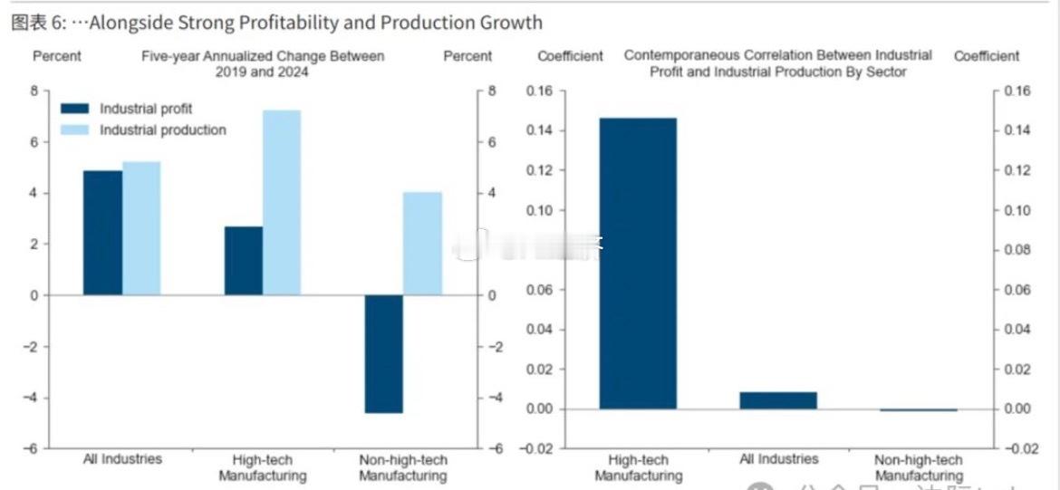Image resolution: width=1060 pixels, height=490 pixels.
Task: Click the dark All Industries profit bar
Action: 102,233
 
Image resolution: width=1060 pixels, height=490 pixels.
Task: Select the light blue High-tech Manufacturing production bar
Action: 281,203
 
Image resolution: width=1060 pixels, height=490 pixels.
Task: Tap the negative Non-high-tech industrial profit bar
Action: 383,354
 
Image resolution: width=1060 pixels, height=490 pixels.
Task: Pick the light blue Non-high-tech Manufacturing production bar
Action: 422,244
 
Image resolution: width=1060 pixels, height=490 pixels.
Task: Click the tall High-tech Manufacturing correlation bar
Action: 638,264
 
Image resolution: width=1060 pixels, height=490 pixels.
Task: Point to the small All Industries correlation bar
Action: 778,400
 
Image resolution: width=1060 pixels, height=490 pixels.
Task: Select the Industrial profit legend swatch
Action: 75,109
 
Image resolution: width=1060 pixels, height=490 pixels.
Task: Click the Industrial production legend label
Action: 163,130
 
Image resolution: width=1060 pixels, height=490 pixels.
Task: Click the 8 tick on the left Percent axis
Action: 34,91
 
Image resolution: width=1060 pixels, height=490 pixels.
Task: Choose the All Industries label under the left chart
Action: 122,459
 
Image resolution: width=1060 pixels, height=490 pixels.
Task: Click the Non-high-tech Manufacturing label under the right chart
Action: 919,468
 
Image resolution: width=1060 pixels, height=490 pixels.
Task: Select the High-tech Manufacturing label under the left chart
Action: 263,468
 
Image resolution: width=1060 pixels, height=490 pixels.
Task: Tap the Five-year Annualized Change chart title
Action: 263,63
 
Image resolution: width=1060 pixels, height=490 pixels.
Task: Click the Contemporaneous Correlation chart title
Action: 778,63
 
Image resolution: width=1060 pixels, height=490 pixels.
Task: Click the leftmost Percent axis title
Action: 57,56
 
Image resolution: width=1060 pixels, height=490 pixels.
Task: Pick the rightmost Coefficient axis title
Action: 987,56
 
